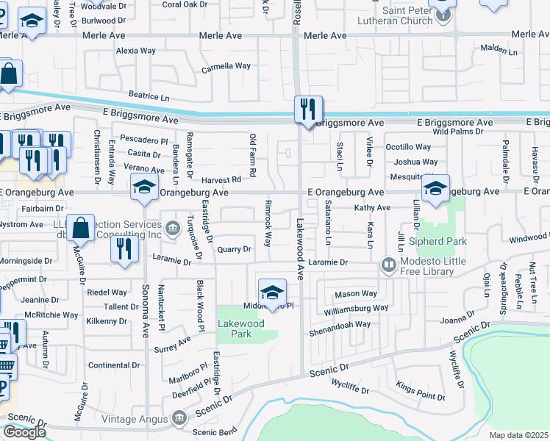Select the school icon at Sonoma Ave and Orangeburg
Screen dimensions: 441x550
pyautogui.click(x=144, y=187)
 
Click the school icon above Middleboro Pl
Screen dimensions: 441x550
pyautogui.click(x=271, y=292)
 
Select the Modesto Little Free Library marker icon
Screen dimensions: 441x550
pyautogui.click(x=388, y=265)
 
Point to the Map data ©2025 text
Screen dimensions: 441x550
pyautogui.click(x=518, y=435)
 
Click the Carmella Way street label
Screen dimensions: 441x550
pyautogui.click(x=226, y=66)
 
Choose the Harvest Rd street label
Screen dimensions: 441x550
pyautogui.click(x=225, y=179)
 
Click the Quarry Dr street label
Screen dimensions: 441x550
pyautogui.click(x=235, y=250)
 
